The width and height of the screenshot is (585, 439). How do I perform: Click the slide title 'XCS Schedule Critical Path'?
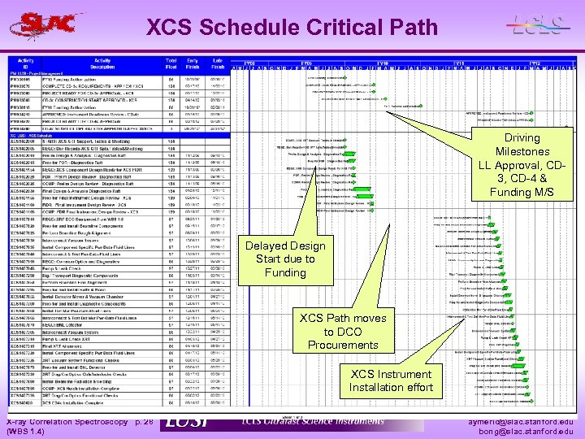pyautogui.click(x=292, y=28)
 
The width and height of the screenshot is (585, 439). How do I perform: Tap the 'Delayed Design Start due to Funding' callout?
pyautogui.click(x=284, y=259)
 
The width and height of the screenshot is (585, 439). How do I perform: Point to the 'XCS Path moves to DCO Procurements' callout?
pyautogui.click(x=343, y=331)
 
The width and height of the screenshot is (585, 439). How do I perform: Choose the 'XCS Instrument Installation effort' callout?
pyautogui.click(x=391, y=380)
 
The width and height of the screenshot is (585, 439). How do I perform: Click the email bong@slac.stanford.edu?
pyautogui.click(x=534, y=433)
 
